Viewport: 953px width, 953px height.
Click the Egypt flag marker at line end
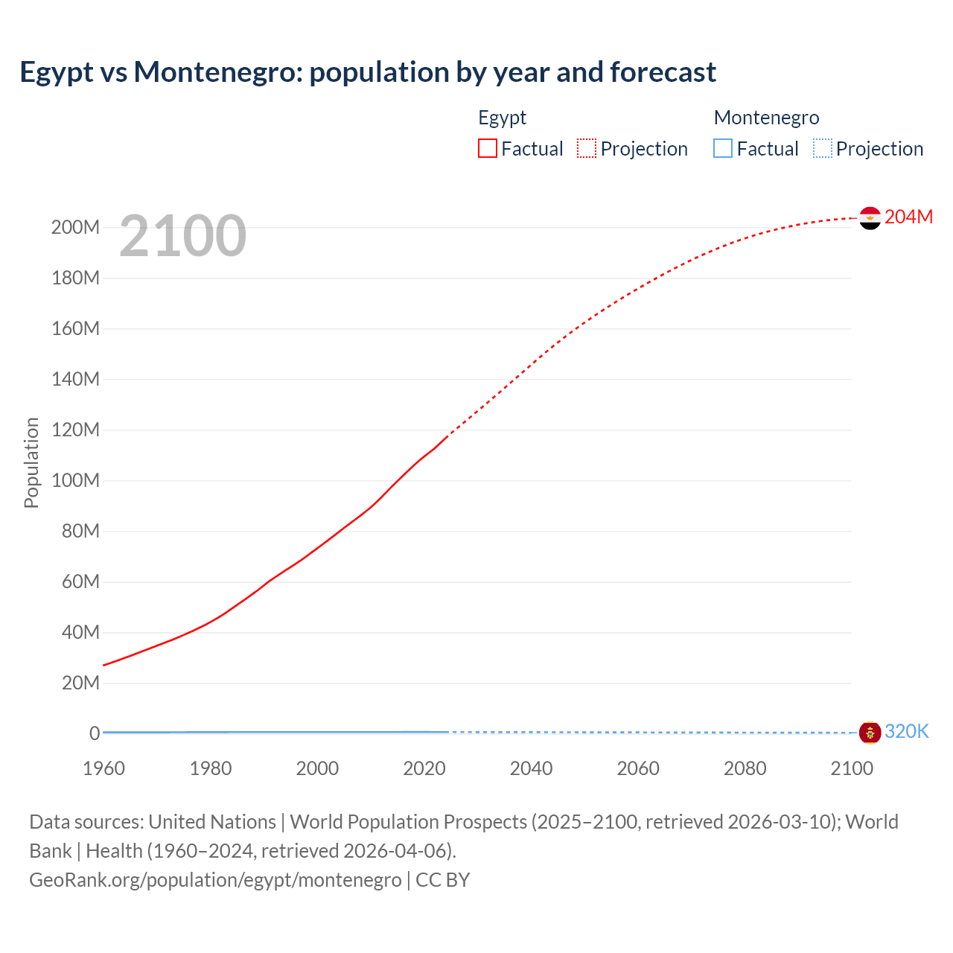click(870, 218)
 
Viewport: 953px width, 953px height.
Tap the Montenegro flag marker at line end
click(870, 733)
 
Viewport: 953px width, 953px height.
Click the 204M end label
click(908, 217)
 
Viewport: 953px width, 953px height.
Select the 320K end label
click(906, 732)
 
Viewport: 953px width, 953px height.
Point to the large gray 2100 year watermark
click(182, 236)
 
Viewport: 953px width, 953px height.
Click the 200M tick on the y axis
click(75, 228)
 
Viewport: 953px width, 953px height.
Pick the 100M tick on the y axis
click(75, 481)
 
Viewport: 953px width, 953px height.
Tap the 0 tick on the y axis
click(95, 733)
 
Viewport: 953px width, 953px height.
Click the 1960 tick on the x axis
click(103, 768)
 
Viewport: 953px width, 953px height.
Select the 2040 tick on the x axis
click(531, 768)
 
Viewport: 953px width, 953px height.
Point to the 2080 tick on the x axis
click(745, 768)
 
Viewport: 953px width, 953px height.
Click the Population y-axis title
click(31, 462)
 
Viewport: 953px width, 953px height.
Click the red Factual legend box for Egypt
click(488, 149)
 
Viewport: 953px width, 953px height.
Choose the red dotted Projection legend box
click(587, 149)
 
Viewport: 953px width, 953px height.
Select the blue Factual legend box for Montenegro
click(723, 149)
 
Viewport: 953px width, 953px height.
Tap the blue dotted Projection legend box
click(823, 149)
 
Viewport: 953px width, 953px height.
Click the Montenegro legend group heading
click(766, 118)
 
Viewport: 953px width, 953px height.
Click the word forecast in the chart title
click(663, 72)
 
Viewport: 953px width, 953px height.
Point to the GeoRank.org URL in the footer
click(215, 880)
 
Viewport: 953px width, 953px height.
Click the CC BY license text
click(442, 880)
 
